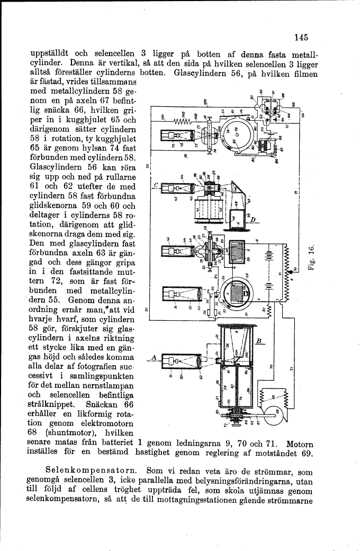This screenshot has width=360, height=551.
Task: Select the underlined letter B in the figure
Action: [259, 341]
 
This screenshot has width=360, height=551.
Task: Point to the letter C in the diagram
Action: [155, 185]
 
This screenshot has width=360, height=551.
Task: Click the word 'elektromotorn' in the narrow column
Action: [105, 423]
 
